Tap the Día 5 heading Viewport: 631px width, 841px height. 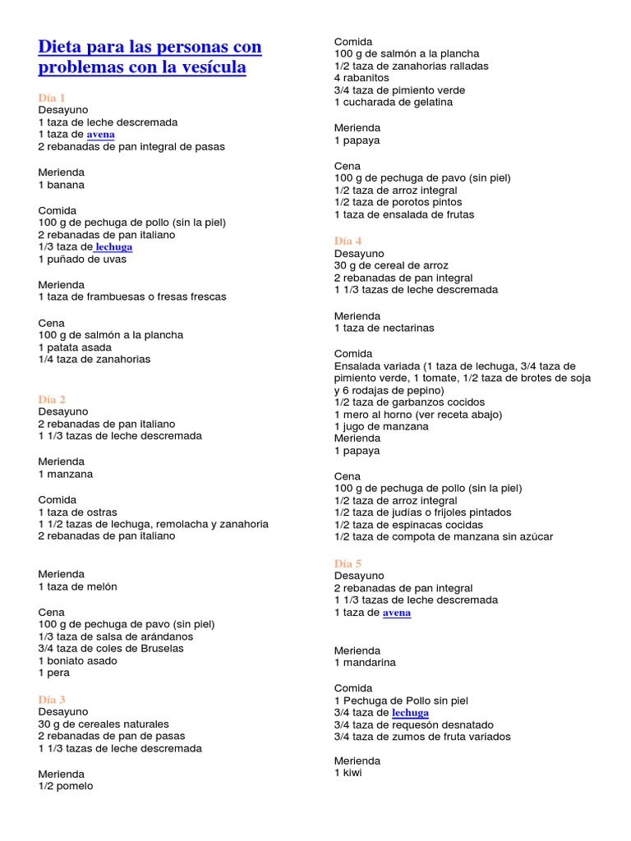[x=348, y=563]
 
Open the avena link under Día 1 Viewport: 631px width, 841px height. [x=101, y=135]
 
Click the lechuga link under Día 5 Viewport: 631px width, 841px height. [x=410, y=713]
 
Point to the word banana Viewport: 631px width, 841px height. [x=66, y=185]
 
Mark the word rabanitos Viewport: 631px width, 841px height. [x=366, y=78]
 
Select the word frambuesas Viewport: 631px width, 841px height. [x=109, y=296]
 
